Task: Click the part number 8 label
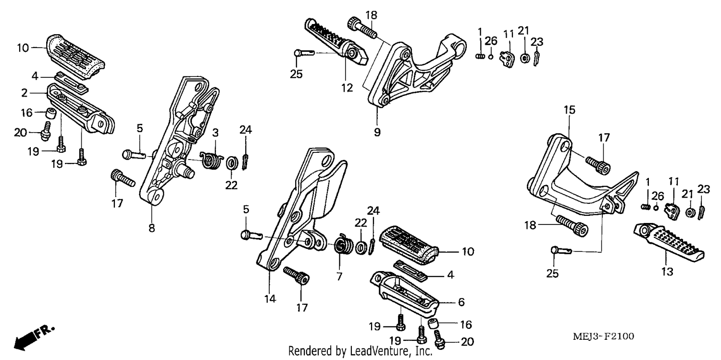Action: click(151, 228)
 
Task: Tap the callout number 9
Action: click(377, 132)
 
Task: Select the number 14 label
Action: click(270, 299)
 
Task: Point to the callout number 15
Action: click(569, 110)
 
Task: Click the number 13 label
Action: click(667, 272)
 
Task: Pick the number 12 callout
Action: click(347, 87)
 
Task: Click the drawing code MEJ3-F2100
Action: click(604, 336)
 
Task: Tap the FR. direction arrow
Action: click(34, 338)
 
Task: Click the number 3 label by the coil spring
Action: click(215, 133)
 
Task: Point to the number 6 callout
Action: click(461, 302)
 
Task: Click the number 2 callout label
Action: click(25, 93)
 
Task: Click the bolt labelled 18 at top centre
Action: click(362, 28)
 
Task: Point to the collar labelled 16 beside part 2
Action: click(50, 113)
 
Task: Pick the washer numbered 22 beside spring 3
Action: click(231, 163)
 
